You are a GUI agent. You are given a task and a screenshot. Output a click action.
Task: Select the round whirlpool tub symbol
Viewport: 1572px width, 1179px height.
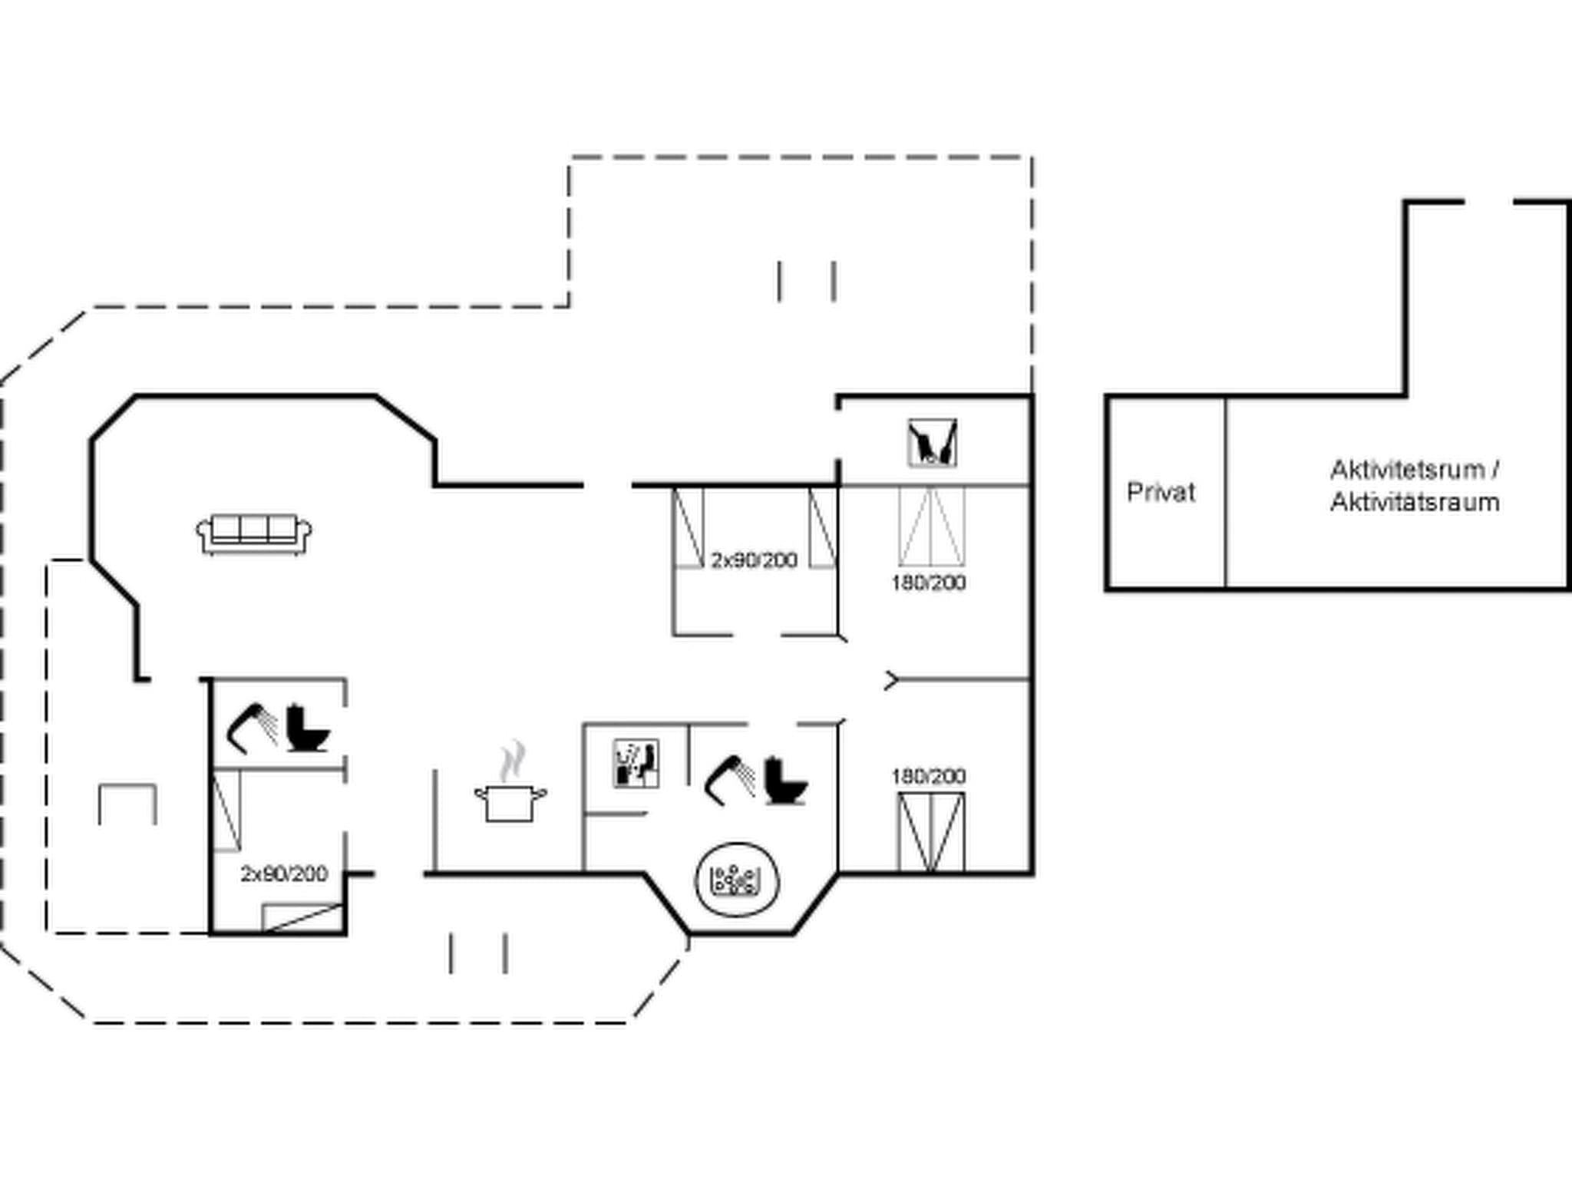pyautogui.click(x=737, y=880)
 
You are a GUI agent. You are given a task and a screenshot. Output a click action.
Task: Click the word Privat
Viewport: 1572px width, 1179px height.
pyautogui.click(x=1161, y=492)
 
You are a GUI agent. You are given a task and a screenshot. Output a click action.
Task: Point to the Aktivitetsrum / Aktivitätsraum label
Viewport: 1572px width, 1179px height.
pyautogui.click(x=1415, y=486)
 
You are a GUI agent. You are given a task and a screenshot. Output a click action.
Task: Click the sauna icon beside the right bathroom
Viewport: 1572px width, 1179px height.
pyautogui.click(x=636, y=764)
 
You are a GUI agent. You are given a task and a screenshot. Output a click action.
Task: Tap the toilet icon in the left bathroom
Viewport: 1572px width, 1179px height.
pyautogui.click(x=308, y=728)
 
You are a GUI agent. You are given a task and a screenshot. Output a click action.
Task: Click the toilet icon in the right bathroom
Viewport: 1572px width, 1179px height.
pyautogui.click(x=785, y=781)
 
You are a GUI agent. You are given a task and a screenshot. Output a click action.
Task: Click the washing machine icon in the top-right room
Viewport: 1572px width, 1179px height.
pyautogui.click(x=932, y=443)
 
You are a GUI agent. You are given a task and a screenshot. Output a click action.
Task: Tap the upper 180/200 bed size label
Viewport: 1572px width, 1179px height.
pyautogui.click(x=928, y=583)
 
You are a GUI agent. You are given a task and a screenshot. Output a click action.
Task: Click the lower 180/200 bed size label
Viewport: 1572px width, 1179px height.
pyautogui.click(x=928, y=776)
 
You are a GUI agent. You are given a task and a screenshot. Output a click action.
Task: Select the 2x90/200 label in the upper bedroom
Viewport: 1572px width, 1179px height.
pyautogui.click(x=754, y=560)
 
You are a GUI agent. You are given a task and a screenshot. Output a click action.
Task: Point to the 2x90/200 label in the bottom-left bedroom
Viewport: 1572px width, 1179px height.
pyautogui.click(x=284, y=874)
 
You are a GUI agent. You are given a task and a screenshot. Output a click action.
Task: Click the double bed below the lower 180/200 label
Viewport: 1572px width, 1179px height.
pyautogui.click(x=931, y=833)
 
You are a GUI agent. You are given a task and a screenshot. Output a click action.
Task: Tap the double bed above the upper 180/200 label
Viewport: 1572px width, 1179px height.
pyautogui.click(x=931, y=527)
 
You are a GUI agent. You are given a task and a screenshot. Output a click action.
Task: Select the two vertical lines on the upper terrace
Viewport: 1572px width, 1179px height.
pyautogui.click(x=806, y=281)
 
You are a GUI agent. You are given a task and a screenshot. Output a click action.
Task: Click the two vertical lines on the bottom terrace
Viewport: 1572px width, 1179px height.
pyautogui.click(x=477, y=953)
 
